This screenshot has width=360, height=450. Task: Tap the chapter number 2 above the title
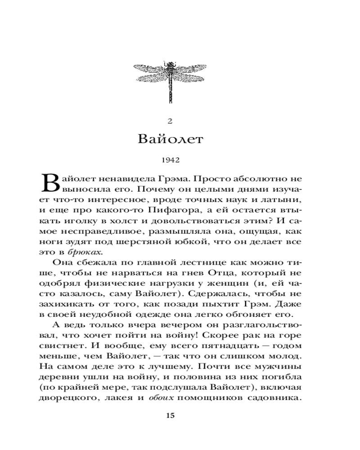170,120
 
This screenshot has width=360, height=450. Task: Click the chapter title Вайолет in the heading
170,138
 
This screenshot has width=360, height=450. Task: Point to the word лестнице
176,263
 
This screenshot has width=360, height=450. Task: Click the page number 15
170,415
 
